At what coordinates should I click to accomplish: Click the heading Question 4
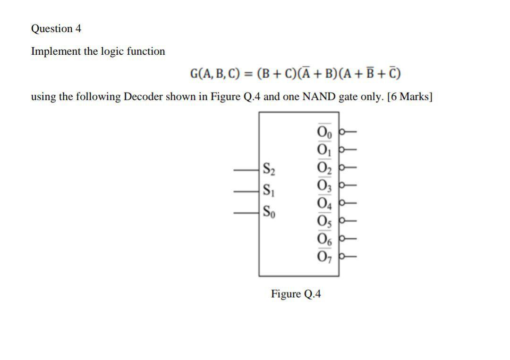click(56, 29)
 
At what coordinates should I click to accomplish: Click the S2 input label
click(269, 168)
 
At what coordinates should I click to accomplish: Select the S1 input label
click(268, 191)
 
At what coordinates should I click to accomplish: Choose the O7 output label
click(325, 257)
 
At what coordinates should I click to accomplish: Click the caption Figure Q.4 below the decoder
click(296, 294)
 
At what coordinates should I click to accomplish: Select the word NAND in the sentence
click(318, 97)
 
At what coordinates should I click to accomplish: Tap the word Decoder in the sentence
click(150, 97)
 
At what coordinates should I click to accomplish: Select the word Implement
click(56, 51)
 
